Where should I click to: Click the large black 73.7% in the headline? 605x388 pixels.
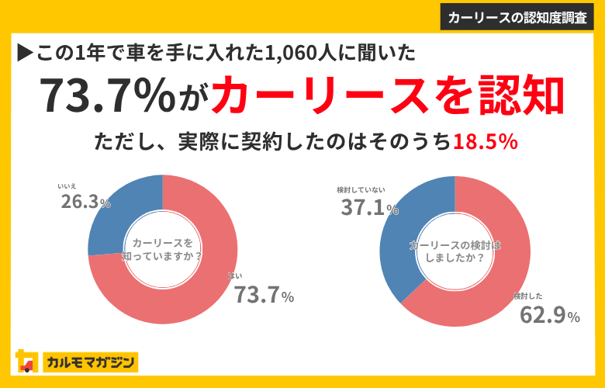(109, 95)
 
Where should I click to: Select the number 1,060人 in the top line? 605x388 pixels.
(289, 53)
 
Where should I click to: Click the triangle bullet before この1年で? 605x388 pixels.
(23, 53)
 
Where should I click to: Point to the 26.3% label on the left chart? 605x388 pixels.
(85, 202)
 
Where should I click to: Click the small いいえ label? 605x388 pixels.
(67, 186)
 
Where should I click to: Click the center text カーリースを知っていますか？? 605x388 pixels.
(162, 250)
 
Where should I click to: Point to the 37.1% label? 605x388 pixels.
(369, 207)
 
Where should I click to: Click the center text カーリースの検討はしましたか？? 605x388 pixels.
(454, 251)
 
